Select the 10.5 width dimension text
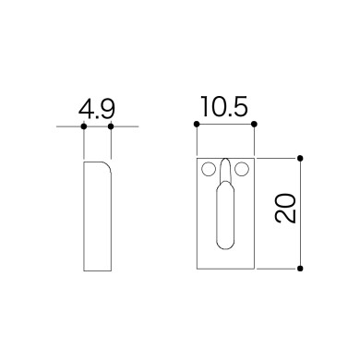(225, 107)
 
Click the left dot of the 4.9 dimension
(83, 126)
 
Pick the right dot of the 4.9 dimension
(111, 126)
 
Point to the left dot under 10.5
(198, 125)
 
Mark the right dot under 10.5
(254, 125)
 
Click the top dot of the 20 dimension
(302, 158)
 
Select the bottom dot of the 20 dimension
(302, 269)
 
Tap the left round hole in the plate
(209, 169)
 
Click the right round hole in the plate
(243, 169)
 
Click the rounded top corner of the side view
(107, 166)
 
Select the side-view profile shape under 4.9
(97, 217)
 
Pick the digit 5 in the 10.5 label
(239, 107)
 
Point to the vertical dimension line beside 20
(302, 240)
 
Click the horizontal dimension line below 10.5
(226, 125)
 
